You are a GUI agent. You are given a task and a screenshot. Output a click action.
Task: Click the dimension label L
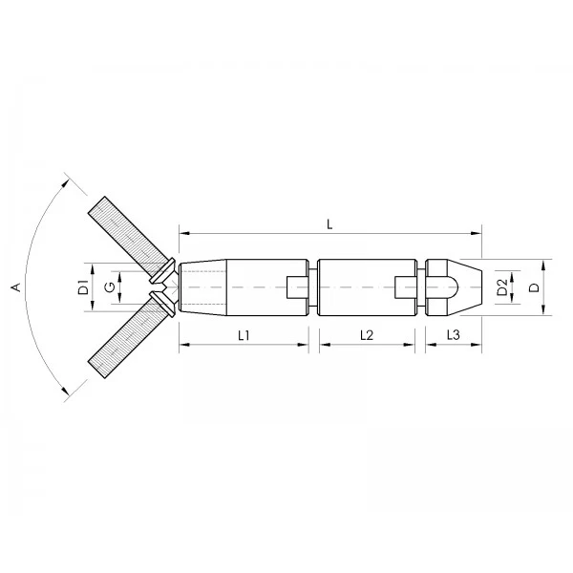point(329,224)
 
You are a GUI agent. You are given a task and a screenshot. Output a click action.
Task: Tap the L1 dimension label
point(244,335)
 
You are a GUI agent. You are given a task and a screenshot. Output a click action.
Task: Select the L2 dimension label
point(367,335)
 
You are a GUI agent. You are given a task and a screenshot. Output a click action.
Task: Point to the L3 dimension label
point(453,335)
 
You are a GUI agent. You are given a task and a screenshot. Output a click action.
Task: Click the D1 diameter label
point(84,287)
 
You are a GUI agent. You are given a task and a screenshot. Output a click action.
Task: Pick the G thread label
point(110,287)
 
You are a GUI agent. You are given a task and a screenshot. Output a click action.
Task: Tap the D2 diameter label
point(503,287)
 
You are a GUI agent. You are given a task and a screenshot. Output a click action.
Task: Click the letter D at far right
point(534,287)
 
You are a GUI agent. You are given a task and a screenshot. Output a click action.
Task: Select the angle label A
point(16,287)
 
